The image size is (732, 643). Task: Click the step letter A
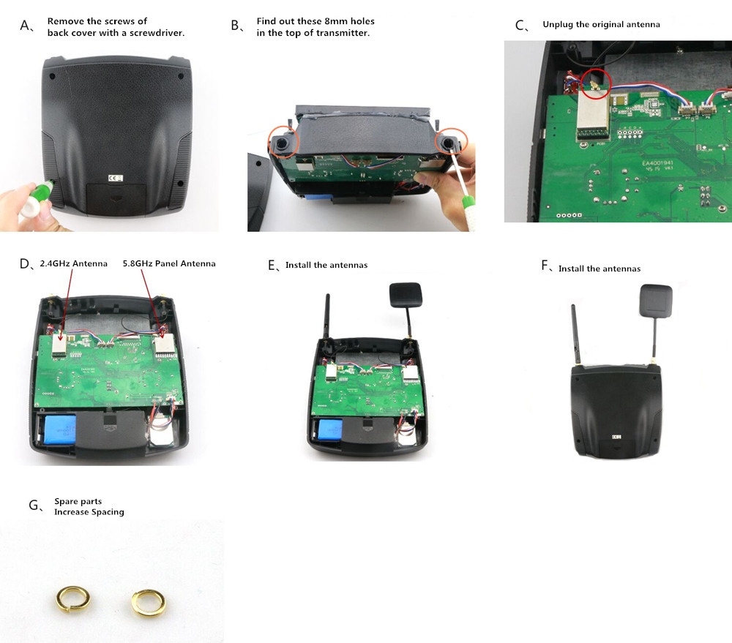point(26,26)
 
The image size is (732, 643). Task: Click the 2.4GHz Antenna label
point(73,263)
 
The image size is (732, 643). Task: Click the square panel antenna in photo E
point(405,296)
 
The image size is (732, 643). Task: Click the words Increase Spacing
point(89,512)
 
